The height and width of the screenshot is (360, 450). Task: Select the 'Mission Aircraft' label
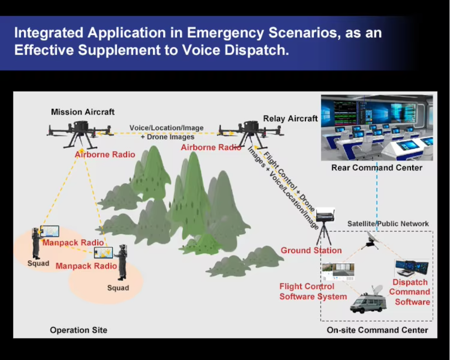tap(83, 112)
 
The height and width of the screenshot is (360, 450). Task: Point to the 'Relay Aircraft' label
tap(290, 118)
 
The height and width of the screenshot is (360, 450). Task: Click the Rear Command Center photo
tap(377, 128)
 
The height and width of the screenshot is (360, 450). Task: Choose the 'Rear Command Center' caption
tap(377, 167)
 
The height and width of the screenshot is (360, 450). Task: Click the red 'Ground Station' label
tap(311, 250)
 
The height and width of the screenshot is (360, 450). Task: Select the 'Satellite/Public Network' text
tap(388, 223)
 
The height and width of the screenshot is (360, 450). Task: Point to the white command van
tap(368, 301)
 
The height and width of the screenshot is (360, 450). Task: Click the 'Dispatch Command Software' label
tap(410, 292)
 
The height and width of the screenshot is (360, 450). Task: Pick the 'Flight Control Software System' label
tap(313, 291)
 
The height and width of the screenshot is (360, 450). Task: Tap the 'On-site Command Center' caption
tap(378, 330)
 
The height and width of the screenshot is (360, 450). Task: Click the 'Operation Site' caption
tap(79, 330)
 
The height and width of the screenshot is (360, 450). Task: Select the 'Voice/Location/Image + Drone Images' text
tap(167, 132)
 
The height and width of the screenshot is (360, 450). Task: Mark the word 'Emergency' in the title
tap(225, 33)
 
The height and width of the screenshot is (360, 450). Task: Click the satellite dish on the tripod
tap(370, 240)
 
